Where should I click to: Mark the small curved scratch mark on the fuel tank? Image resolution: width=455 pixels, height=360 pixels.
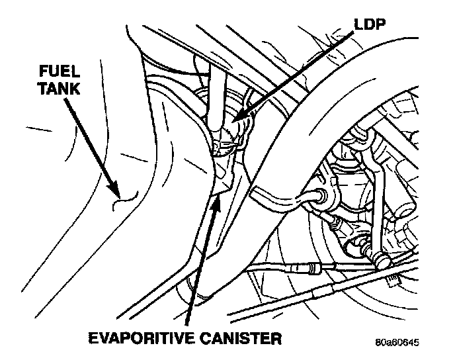126,195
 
